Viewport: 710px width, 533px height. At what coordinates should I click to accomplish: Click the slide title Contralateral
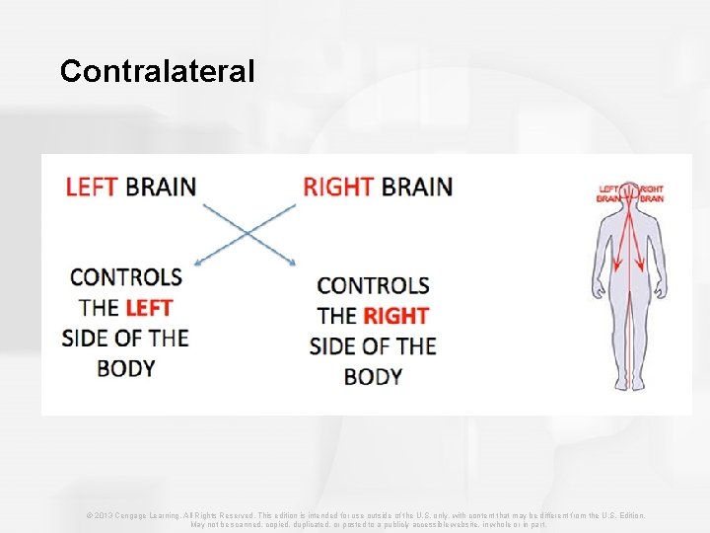(x=157, y=71)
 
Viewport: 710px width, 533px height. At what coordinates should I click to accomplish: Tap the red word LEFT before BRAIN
(x=92, y=186)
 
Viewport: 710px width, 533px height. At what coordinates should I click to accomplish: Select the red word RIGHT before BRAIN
(x=338, y=186)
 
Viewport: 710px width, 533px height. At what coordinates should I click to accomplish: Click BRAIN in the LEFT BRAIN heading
(x=161, y=186)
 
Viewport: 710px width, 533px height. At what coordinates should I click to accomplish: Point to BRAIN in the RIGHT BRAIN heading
(x=416, y=186)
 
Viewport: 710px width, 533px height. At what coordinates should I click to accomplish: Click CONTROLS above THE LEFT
(x=125, y=276)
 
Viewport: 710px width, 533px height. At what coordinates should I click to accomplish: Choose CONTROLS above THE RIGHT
(x=373, y=285)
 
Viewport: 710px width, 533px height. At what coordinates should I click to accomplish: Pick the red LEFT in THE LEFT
(x=148, y=307)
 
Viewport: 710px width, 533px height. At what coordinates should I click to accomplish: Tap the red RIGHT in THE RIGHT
(x=395, y=316)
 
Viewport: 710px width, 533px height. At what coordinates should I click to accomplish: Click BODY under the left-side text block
(x=125, y=368)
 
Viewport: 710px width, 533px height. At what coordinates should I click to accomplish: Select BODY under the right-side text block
(x=373, y=376)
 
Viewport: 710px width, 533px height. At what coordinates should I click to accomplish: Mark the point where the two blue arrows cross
(x=248, y=234)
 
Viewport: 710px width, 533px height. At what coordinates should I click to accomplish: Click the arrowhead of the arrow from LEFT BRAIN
(x=294, y=263)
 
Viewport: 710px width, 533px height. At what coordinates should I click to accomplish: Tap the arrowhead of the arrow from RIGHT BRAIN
(x=198, y=263)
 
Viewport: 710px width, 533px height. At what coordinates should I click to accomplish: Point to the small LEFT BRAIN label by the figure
(x=608, y=192)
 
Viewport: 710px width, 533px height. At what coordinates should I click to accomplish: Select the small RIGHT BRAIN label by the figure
(x=652, y=192)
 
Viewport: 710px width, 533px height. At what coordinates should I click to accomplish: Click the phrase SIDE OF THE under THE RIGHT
(x=373, y=346)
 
